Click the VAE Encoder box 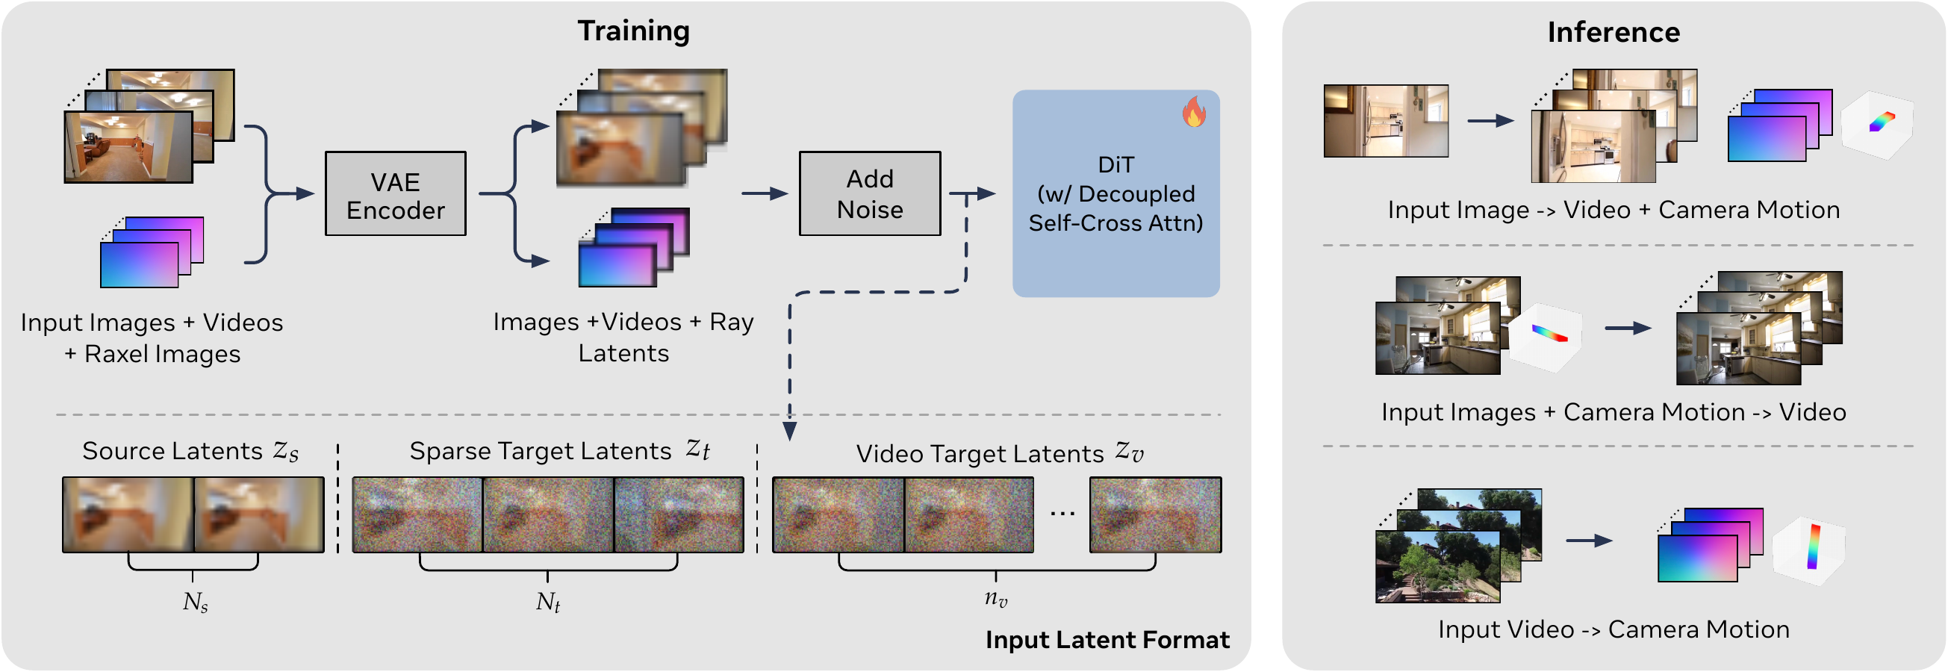click(x=396, y=194)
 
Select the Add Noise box click(x=870, y=194)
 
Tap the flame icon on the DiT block click(x=1194, y=112)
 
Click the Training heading click(x=634, y=31)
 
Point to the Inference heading click(x=1613, y=33)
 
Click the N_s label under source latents click(x=195, y=603)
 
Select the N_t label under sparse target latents click(x=547, y=603)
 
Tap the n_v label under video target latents click(x=996, y=600)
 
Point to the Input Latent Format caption click(x=1107, y=640)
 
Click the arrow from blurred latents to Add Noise click(x=765, y=194)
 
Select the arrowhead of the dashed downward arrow click(x=789, y=432)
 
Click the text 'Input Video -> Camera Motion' click(x=1613, y=629)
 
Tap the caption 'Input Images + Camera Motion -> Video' click(x=1613, y=413)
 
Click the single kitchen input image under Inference click(x=1385, y=121)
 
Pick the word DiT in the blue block click(x=1115, y=165)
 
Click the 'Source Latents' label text click(x=172, y=451)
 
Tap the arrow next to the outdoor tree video click(x=1589, y=541)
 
